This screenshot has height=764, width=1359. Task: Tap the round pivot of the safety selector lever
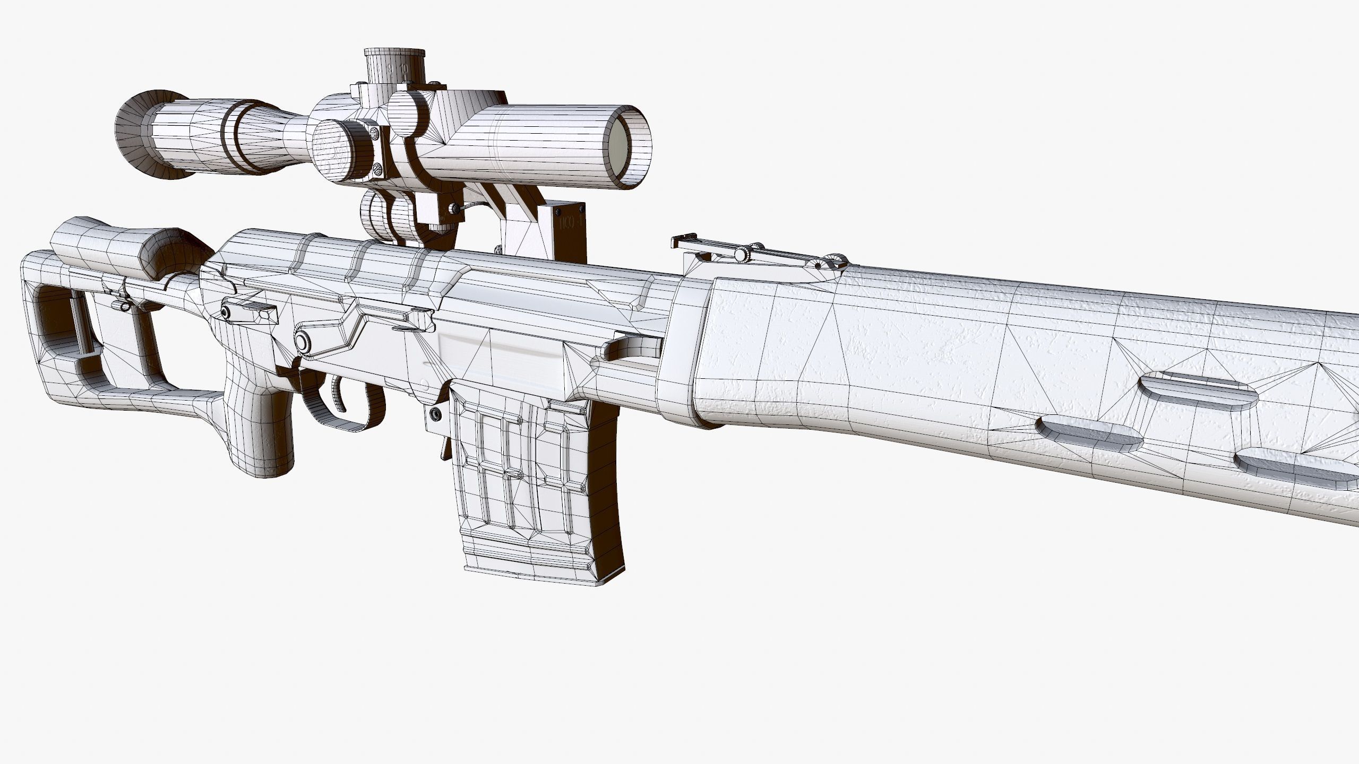pyautogui.click(x=303, y=341)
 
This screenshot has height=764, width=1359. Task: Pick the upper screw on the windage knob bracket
pyautogui.click(x=375, y=131)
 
